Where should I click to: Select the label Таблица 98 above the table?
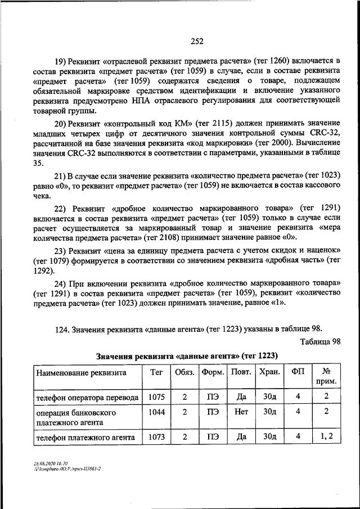click(x=321, y=341)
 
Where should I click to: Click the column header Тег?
click(x=156, y=372)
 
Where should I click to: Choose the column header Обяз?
click(x=184, y=372)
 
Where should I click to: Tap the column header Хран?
click(x=269, y=372)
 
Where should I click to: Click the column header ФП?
click(x=298, y=372)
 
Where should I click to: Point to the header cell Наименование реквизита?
click(x=81, y=372)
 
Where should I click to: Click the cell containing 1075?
click(x=156, y=397)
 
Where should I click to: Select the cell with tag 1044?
click(x=156, y=411)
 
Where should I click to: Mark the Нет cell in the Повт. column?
click(x=241, y=411)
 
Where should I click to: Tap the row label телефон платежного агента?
click(x=85, y=436)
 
